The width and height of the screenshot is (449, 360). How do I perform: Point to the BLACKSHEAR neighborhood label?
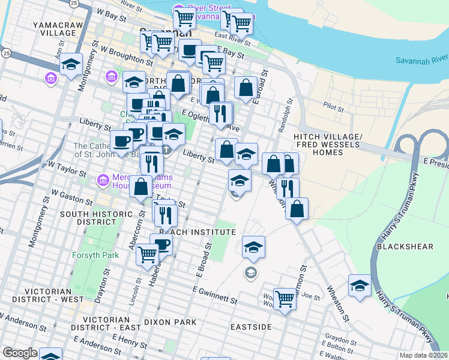click(398, 247)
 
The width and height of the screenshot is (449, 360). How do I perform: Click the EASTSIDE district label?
click(251, 327)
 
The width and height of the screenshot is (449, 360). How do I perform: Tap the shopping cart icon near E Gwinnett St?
click(285, 298)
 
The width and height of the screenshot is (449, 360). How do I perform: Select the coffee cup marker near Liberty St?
click(122, 142)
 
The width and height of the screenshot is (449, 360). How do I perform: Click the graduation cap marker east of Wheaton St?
click(360, 286)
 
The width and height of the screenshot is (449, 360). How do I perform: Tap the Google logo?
click(20, 353)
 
